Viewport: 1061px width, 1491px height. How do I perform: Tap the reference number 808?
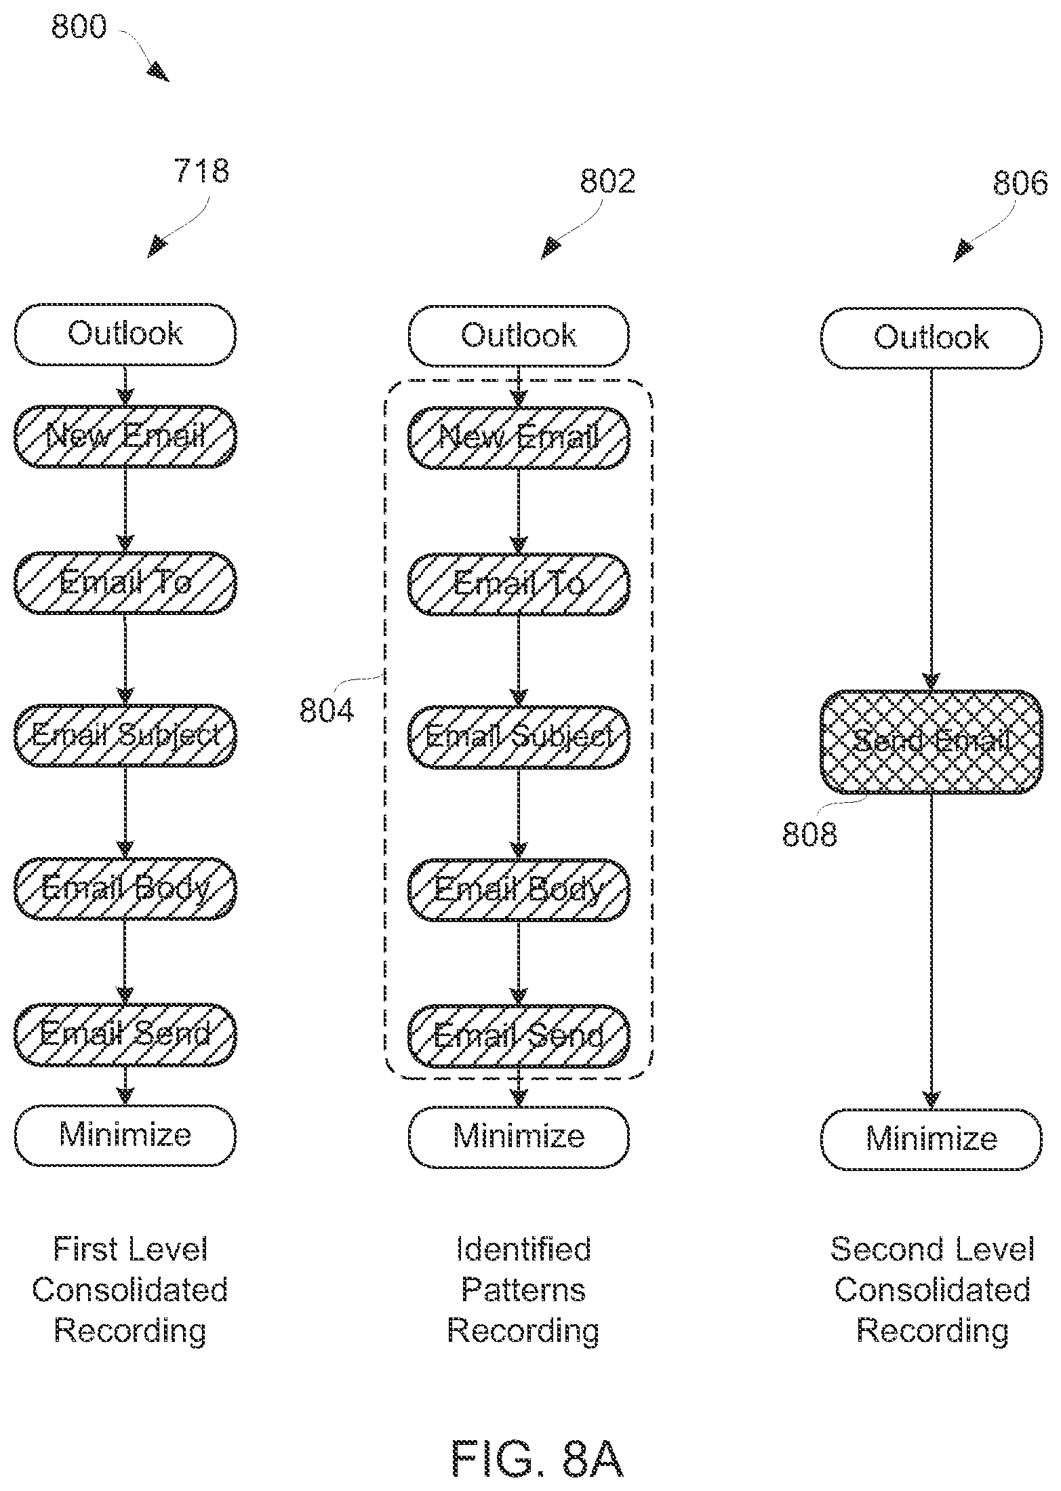[809, 834]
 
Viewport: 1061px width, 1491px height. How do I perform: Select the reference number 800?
[79, 27]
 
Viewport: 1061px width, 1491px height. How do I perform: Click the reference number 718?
[201, 171]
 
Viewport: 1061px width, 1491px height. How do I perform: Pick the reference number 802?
[607, 181]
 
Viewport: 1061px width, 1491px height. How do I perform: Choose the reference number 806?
[1020, 183]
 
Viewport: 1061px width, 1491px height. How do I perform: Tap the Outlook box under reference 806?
[931, 338]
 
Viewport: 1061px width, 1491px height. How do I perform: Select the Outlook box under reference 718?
[125, 334]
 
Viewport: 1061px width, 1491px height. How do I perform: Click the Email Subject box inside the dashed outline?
[519, 737]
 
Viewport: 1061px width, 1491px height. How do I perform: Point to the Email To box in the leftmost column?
[125, 583]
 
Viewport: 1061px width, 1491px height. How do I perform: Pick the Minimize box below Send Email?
[931, 1140]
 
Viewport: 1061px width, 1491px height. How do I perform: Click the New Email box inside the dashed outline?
[519, 437]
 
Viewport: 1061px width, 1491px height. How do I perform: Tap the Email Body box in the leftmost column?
[125, 888]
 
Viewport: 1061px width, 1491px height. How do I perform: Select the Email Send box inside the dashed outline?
[519, 1036]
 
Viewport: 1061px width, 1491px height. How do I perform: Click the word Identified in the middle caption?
[523, 1249]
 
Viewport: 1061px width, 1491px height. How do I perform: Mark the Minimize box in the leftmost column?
[125, 1136]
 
